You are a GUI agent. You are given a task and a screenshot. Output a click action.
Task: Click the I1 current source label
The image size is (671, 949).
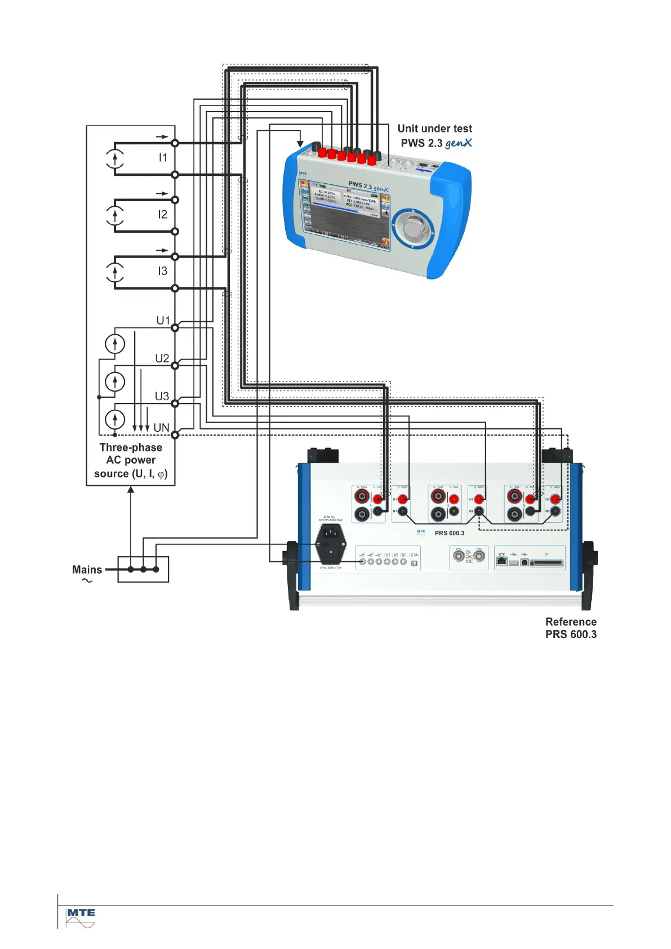[163, 158]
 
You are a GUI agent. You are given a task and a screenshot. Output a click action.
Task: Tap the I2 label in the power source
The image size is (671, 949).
[163, 215]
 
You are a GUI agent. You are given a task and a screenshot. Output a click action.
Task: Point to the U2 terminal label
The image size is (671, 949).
[162, 358]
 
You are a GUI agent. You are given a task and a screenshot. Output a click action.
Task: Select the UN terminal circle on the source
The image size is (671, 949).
[175, 435]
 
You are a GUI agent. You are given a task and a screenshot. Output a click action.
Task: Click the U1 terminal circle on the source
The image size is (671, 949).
[175, 328]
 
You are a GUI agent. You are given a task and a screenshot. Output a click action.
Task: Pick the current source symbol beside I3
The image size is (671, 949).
[115, 272]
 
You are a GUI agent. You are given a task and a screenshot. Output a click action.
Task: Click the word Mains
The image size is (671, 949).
[87, 570]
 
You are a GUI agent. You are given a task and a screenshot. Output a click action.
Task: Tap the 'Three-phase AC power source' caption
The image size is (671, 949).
[131, 460]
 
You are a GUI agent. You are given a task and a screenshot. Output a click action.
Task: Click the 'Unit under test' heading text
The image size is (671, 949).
[434, 129]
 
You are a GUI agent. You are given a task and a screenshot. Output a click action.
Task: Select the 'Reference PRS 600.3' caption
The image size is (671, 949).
[571, 628]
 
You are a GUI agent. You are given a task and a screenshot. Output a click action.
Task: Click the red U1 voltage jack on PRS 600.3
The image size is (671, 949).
[403, 499]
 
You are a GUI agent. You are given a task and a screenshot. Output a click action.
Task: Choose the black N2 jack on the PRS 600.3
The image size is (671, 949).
[479, 511]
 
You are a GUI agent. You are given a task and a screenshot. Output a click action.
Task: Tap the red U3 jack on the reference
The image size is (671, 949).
[556, 499]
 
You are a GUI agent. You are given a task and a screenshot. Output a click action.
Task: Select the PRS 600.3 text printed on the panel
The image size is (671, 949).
[450, 533]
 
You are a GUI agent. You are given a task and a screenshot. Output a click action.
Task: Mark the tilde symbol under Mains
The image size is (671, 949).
[87, 581]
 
